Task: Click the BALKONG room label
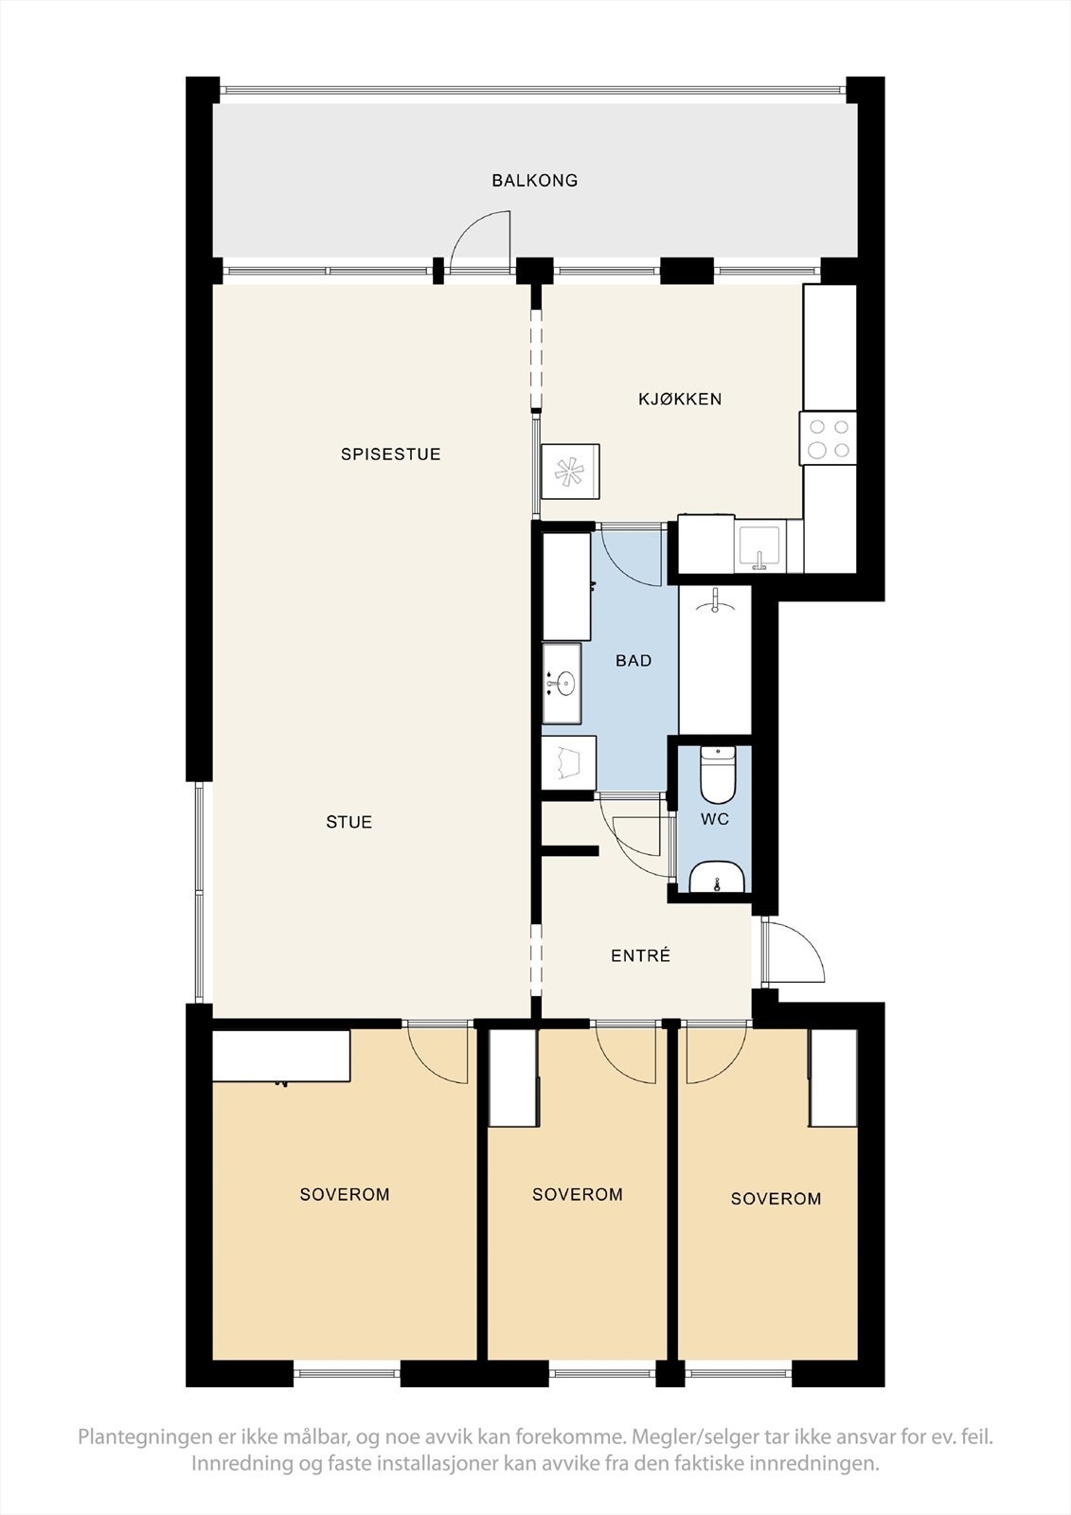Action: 534,180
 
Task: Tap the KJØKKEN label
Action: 680,399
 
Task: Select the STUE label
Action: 348,822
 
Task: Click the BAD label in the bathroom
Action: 634,661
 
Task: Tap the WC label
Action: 715,819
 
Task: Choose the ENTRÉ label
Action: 640,956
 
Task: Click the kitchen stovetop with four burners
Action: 829,439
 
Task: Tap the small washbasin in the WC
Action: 718,880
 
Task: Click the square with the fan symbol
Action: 569,471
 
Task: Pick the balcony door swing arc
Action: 481,242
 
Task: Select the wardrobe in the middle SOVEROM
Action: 512,1077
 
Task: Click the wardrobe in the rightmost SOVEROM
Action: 833,1077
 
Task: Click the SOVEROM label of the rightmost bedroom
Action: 776,1199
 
